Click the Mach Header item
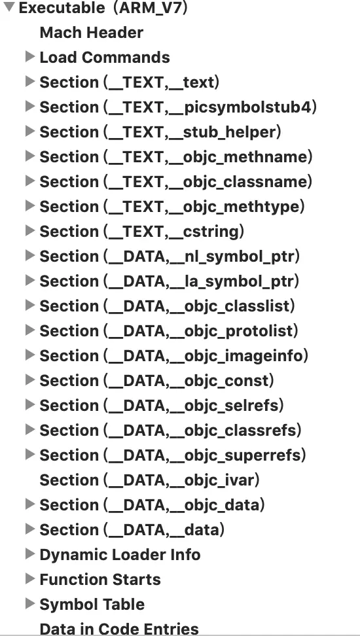click(92, 33)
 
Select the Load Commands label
click(105, 57)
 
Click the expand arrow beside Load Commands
click(30, 56)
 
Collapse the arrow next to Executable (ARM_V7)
click(9, 7)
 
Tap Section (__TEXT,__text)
click(130, 82)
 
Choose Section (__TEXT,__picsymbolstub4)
click(178, 107)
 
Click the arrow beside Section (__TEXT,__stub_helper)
click(30, 131)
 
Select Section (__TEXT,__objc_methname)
click(176, 156)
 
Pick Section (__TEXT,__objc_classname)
click(176, 181)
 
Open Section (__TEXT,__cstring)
click(142, 231)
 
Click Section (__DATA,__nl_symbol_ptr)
click(170, 256)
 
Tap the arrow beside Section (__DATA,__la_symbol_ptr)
click(30, 280)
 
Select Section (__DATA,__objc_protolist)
click(169, 330)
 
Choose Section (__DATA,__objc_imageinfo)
click(174, 355)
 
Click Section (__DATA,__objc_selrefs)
click(162, 405)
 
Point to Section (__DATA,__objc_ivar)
click(150, 480)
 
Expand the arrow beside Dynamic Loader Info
click(30, 554)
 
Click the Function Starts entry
click(100, 579)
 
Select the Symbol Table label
click(92, 605)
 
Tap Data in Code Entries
click(119, 629)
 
